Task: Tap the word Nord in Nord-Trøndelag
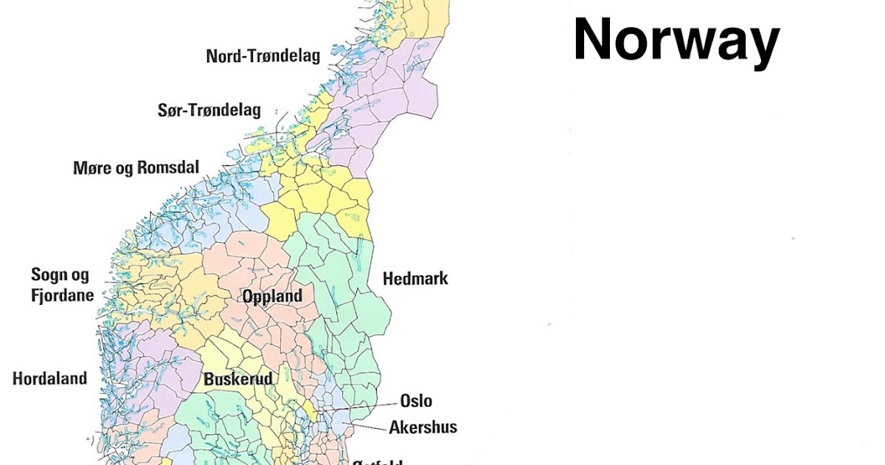[x=223, y=56]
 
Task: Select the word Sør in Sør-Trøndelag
[x=171, y=111]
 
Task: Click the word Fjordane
[x=62, y=295]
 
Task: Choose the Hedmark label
[x=415, y=279]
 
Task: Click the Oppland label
[x=272, y=297]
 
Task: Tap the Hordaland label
[x=49, y=379]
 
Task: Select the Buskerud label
[x=238, y=379]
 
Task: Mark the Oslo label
[x=416, y=402]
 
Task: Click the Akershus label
[x=423, y=427]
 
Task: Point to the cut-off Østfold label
[x=377, y=462]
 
